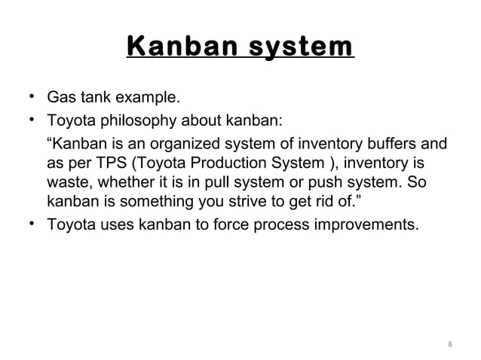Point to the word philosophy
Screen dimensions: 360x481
[131, 121]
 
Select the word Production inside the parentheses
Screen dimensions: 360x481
[223, 163]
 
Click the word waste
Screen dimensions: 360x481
[67, 184]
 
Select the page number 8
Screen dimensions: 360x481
[450, 346]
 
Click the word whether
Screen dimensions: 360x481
[118, 184]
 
